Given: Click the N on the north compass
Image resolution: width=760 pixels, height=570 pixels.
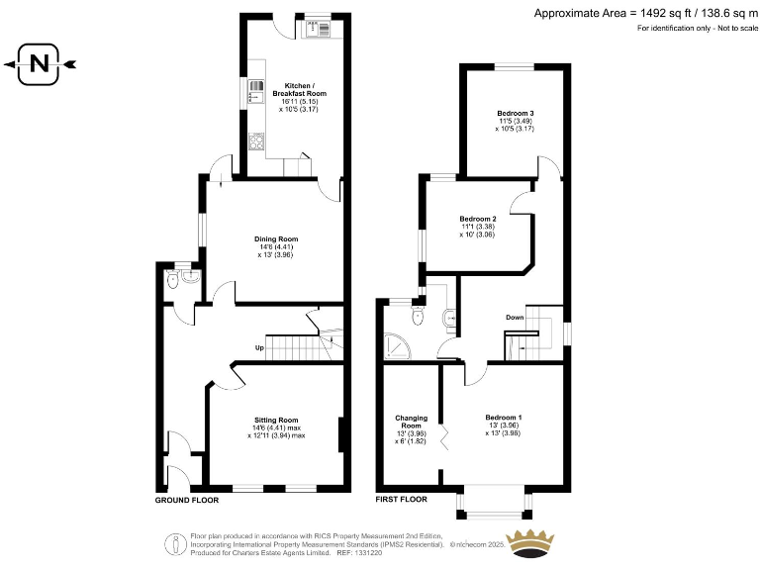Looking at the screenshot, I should coord(39,65).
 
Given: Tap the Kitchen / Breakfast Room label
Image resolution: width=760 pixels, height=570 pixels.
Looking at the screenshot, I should coord(305,89).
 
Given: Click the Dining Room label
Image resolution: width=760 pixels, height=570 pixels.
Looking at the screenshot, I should coord(277,239).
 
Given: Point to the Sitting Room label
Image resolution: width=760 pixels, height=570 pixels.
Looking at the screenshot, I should coord(276,420).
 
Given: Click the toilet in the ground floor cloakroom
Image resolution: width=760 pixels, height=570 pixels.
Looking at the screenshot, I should coord(173,280).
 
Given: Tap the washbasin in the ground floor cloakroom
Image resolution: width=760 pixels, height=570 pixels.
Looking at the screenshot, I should coord(191,278).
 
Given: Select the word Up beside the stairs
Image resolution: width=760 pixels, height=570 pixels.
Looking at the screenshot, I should coord(259,347).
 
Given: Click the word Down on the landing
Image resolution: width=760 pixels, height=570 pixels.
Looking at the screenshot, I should coord(515,318).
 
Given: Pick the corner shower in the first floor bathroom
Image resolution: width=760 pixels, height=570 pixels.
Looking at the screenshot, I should coord(396,344).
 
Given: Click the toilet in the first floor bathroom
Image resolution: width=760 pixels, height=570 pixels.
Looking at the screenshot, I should coord(420,316).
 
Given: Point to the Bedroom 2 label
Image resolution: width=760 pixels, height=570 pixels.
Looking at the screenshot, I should coord(478,219).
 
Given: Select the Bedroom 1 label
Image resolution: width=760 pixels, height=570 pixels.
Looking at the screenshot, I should coord(504,417).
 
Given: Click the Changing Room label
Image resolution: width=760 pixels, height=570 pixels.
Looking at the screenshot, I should coord(411,422).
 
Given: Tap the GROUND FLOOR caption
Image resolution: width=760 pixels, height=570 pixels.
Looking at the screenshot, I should coord(186,501).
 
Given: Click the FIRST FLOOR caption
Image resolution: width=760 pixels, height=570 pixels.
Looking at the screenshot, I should coord(401,501).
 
